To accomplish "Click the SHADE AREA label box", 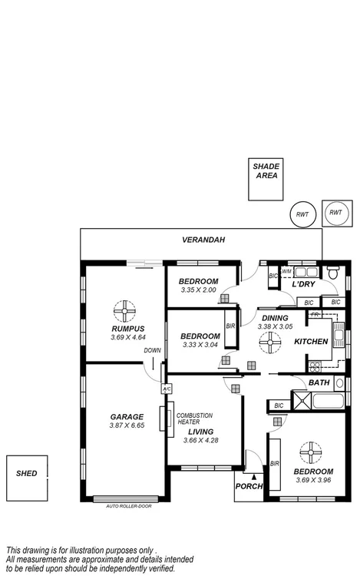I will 266,180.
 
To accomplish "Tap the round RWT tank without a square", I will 302,215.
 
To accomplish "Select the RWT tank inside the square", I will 335,214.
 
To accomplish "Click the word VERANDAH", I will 203,240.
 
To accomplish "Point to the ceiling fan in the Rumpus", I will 123,310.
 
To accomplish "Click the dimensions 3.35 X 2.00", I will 199,290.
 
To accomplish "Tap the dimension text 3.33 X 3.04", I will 199,344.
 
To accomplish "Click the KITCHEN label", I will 312,342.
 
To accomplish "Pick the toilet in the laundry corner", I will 333,273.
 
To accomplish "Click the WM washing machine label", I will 286,271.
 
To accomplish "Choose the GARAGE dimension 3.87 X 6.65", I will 127,426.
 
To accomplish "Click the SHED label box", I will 26,474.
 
